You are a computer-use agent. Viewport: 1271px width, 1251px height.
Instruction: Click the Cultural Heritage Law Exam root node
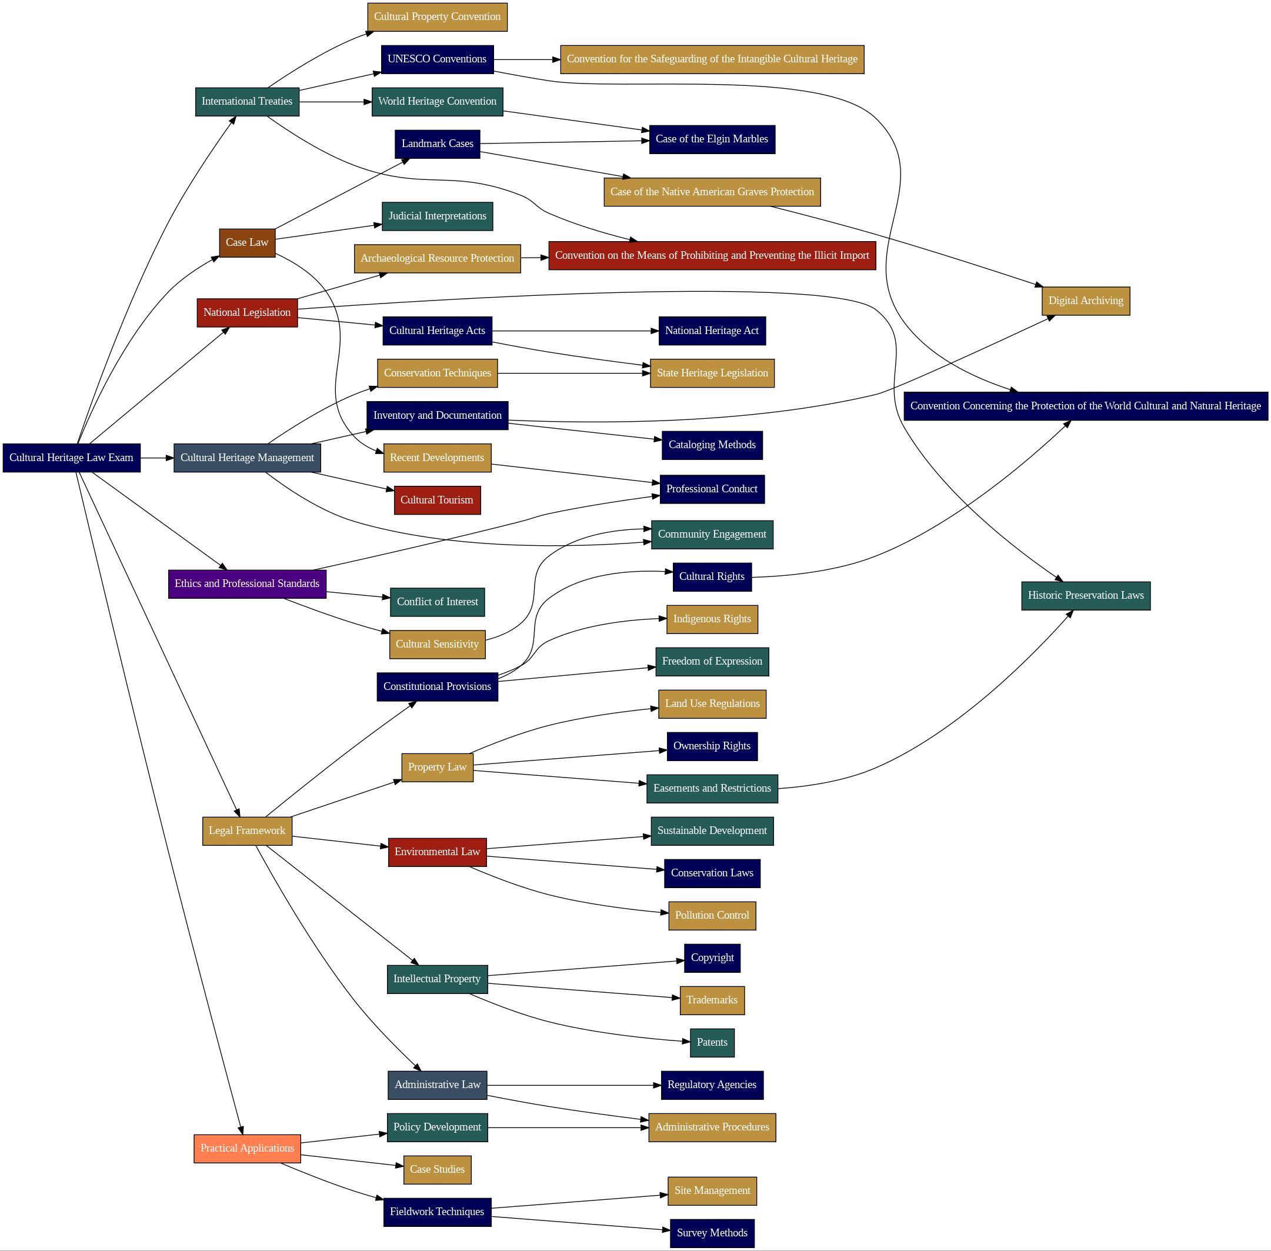coord(71,458)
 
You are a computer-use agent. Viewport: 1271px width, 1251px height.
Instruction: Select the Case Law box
coord(247,242)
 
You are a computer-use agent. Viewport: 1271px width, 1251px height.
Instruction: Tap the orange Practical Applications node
coord(247,1148)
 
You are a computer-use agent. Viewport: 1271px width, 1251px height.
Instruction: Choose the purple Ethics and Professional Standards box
coord(247,583)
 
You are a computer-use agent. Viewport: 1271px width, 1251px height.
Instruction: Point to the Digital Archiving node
coord(1085,301)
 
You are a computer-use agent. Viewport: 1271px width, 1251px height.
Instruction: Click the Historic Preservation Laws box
coord(1085,595)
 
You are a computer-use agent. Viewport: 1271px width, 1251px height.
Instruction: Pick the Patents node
coord(712,1042)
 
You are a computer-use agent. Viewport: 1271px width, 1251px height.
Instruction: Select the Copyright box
coord(712,958)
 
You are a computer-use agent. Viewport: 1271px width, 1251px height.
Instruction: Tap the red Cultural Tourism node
coord(437,500)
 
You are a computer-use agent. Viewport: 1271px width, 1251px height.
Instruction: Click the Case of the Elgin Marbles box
coord(712,139)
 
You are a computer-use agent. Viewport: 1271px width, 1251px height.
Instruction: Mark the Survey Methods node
coord(712,1233)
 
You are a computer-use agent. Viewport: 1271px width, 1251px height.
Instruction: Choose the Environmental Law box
coord(437,852)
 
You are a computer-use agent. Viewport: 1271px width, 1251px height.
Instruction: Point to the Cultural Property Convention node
coord(437,16)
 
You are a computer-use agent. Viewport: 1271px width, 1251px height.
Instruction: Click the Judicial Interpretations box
coord(437,216)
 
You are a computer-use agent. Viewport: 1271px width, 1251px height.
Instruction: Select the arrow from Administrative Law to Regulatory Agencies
coord(572,1085)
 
